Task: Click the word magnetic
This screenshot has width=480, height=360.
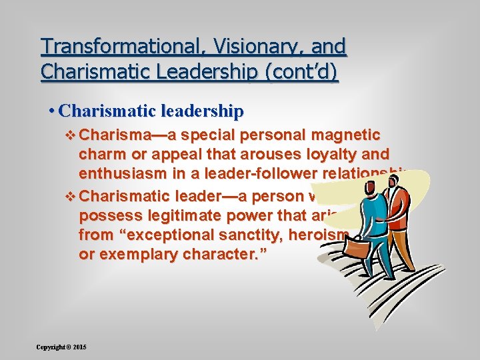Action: (342, 135)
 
